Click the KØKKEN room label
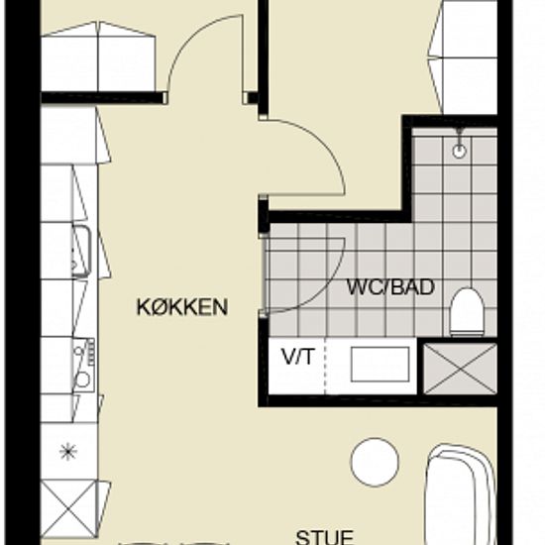coord(182,306)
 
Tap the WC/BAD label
coord(391,287)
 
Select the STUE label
coord(325,537)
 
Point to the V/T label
coord(297,357)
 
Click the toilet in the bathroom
coord(467,312)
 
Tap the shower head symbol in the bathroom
coord(460,144)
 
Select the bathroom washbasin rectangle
coord(380,364)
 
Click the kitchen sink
coord(81,251)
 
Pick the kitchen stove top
coord(84,365)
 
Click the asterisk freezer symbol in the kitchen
coord(68,452)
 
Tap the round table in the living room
coord(375,463)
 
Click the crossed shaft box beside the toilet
coord(460,369)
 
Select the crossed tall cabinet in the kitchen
coord(68,508)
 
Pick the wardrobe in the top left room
coord(98,56)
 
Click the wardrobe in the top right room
coord(463,57)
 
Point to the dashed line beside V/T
coord(326,366)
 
